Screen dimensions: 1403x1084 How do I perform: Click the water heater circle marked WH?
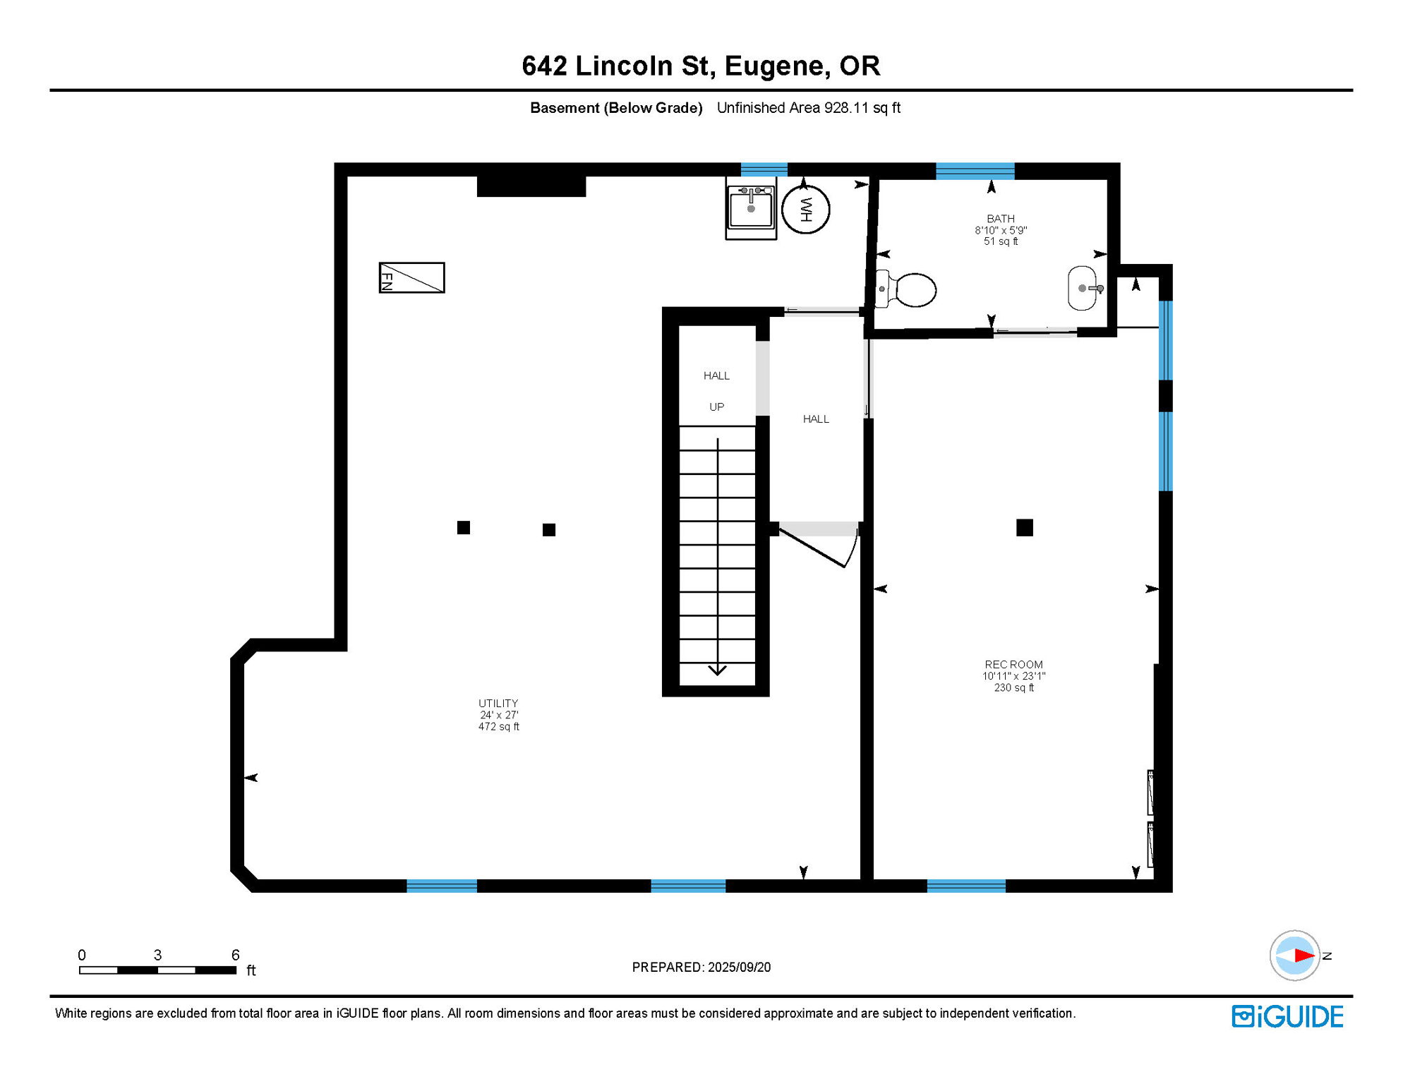coord(805,210)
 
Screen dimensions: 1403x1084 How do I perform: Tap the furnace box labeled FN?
coord(412,277)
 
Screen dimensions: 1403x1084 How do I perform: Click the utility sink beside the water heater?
coord(751,208)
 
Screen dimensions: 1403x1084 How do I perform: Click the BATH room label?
coord(1001,219)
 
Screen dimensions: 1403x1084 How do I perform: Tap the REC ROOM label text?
coord(1013,665)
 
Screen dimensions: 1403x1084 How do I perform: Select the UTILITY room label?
coord(498,704)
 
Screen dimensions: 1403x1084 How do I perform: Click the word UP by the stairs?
coord(716,407)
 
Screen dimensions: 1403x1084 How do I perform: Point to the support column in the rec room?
coord(1025,527)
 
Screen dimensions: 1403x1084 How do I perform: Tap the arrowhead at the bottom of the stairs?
coord(717,670)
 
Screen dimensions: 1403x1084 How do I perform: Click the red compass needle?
coord(1304,956)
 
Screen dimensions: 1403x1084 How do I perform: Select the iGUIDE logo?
coord(1287,1016)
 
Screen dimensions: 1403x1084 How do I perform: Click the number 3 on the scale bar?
coord(157,955)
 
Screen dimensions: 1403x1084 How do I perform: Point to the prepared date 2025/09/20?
coord(740,967)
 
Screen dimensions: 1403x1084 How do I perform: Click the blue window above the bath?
coord(975,171)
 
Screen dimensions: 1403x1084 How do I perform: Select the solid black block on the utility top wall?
coord(531,186)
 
